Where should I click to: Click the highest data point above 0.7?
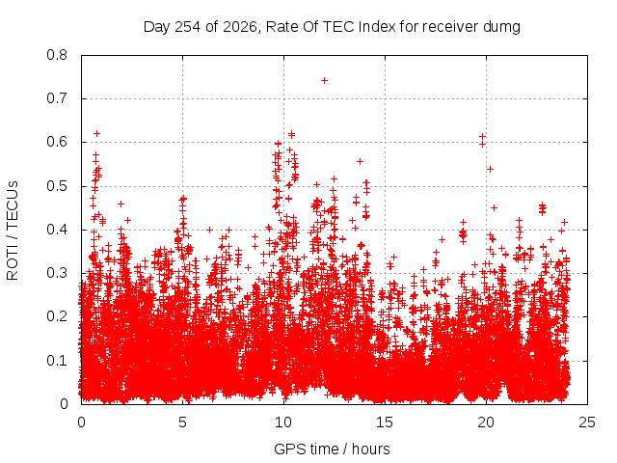coord(324,81)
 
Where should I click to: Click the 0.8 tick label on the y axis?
coord(57,55)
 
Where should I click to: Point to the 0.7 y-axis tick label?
coord(57,98)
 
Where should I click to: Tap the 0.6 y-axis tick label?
coord(57,142)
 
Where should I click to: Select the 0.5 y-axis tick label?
coord(57,186)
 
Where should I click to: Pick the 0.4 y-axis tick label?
coord(57,230)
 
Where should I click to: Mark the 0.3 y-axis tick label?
coord(57,273)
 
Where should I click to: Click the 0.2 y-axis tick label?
coord(57,316)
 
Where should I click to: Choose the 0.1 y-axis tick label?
coord(57,360)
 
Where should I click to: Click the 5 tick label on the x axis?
coord(182,422)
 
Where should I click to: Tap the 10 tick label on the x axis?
coord(283,422)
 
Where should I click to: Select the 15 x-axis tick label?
coord(385,422)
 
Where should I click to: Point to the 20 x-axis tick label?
coord(486,422)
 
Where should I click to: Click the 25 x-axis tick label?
coord(587,422)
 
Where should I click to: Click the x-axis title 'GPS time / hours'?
coord(332,449)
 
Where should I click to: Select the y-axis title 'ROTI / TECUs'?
coord(13,231)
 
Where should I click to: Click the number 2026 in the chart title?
coord(240,27)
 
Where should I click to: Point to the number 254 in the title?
coord(187,27)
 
